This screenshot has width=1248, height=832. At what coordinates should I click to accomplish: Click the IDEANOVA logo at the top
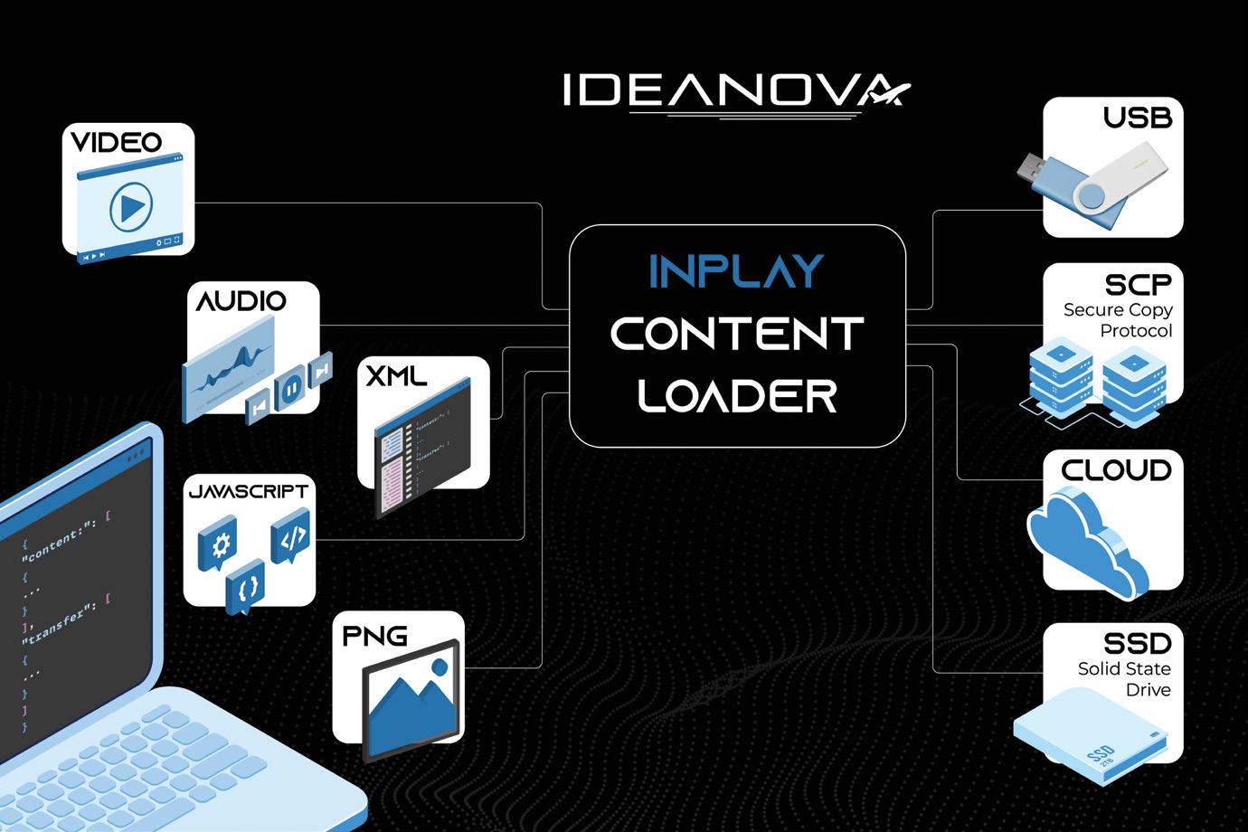735,90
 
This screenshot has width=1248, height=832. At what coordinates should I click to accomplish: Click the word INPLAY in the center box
736,270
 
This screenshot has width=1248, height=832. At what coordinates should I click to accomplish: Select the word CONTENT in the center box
737,333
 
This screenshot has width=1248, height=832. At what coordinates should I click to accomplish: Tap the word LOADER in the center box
737,394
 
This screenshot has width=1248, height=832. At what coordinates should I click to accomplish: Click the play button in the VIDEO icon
130,208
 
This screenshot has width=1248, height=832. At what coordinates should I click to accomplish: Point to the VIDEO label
116,142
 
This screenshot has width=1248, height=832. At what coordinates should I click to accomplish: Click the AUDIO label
241,300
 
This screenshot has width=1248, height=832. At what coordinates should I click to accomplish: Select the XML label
395,375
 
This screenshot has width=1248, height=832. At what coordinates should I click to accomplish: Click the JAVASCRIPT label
249,491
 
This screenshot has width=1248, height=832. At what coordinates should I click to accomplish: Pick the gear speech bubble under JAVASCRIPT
217,546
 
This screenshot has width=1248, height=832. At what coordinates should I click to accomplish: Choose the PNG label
374,636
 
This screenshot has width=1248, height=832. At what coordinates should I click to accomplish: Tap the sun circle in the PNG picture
440,667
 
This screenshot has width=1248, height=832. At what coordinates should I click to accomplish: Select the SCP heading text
1138,284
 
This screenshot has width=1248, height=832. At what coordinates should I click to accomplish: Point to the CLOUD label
1116,470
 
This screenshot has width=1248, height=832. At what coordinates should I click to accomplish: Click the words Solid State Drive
1124,679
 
